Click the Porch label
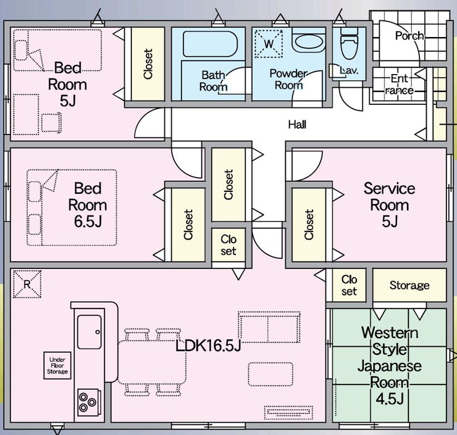(x=409, y=36)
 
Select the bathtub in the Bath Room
(x=210, y=44)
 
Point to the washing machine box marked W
(x=269, y=44)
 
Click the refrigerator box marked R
(x=27, y=284)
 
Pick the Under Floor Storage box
(x=57, y=365)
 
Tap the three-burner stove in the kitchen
(x=88, y=403)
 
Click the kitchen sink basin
(x=90, y=332)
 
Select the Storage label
(x=409, y=285)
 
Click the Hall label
(x=297, y=125)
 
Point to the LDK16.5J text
(x=208, y=346)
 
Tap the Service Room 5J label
(x=390, y=205)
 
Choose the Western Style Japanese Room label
(x=390, y=365)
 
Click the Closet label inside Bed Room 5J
(x=148, y=64)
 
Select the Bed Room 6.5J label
(x=88, y=205)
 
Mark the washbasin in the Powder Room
(x=309, y=41)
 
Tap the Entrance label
(x=400, y=85)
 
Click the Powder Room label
(x=288, y=79)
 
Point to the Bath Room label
(x=213, y=81)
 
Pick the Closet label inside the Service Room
(x=309, y=225)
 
